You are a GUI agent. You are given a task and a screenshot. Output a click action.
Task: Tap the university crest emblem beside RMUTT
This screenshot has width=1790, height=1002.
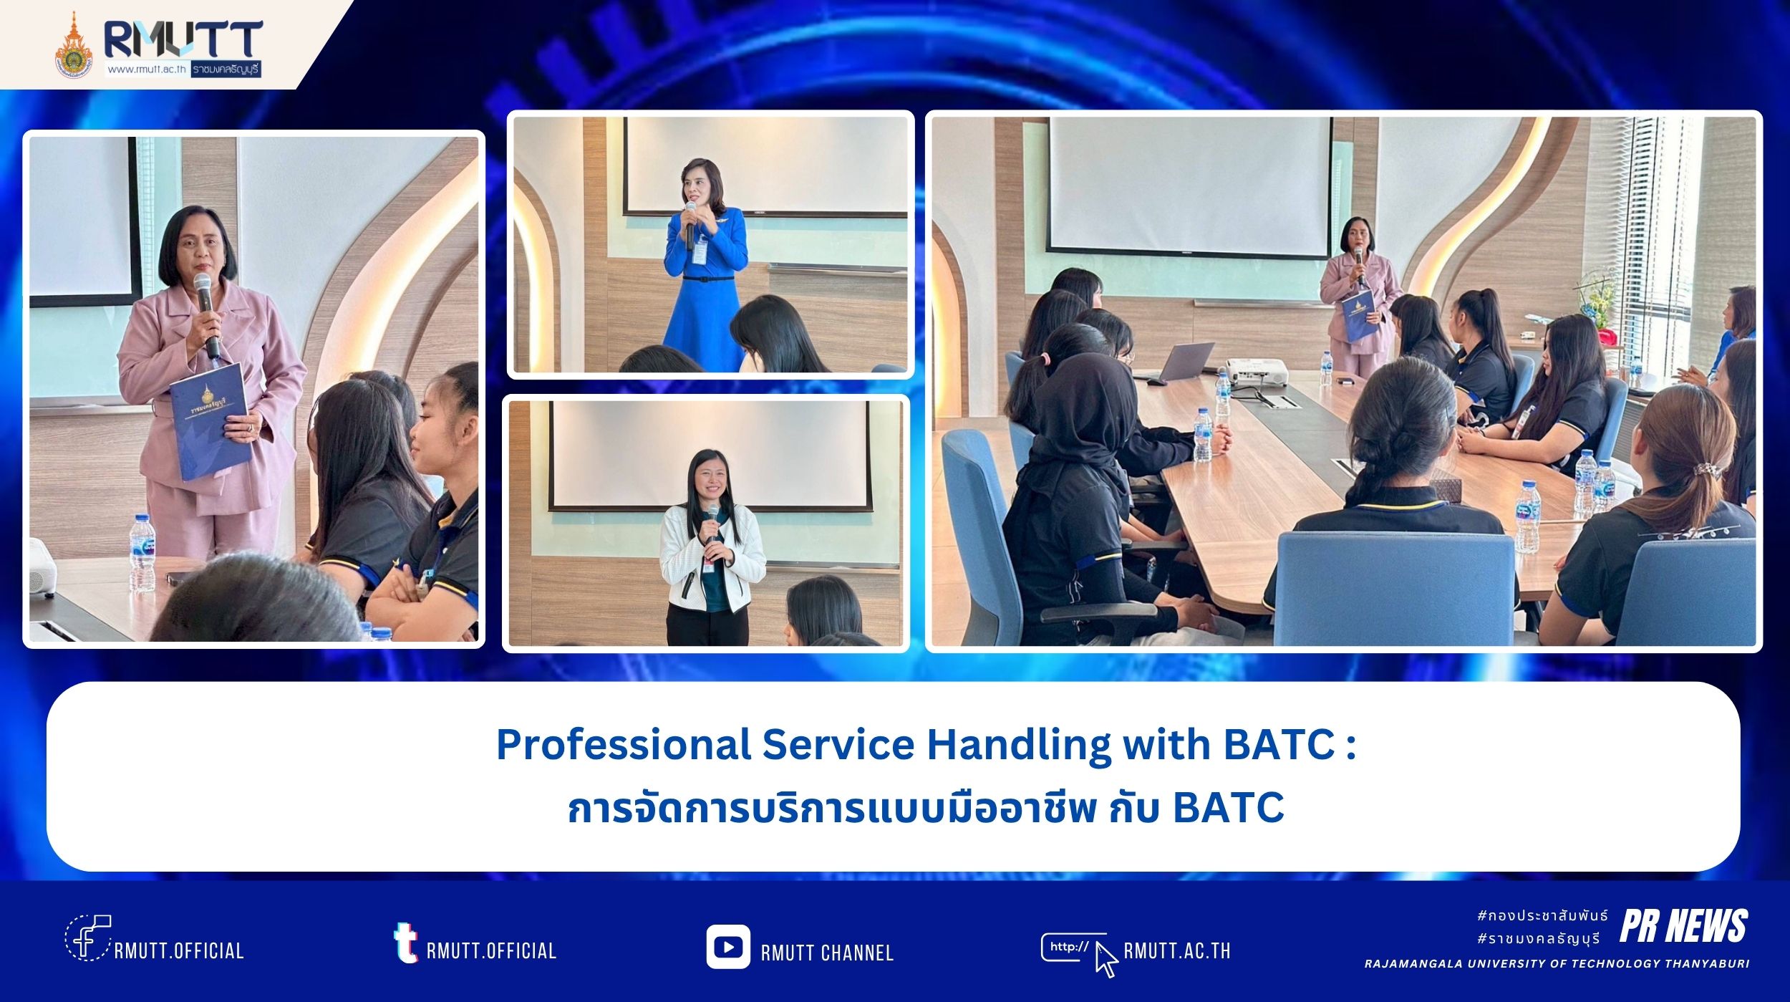(74, 47)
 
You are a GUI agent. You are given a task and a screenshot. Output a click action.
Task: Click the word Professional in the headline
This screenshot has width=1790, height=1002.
(623, 745)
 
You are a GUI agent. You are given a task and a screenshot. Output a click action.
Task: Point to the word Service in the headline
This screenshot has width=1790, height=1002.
(838, 745)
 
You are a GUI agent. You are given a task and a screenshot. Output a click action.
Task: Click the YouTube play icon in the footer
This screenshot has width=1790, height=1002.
(727, 947)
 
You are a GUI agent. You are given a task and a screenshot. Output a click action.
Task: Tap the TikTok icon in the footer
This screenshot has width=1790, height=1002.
(405, 942)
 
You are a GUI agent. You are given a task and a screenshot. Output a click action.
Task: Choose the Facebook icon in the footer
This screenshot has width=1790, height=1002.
(87, 937)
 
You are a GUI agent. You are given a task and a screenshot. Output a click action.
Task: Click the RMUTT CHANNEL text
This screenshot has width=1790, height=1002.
(827, 953)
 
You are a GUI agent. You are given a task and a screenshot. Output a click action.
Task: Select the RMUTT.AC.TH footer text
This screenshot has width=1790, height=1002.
(1177, 950)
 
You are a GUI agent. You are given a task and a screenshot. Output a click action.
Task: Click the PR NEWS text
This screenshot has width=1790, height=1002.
(1683, 926)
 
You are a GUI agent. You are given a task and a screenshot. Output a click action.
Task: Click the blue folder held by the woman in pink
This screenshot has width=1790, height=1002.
(211, 421)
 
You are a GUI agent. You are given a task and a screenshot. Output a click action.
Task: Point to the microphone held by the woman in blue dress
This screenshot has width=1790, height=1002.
(690, 223)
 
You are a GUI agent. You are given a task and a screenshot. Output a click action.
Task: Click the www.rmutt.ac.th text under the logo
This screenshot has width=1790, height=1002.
(147, 69)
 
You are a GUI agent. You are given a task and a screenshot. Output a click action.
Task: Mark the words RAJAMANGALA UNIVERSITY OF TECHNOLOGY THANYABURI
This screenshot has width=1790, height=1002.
(1557, 964)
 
